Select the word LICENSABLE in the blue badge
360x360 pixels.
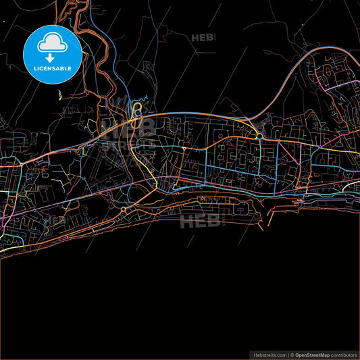pyautogui.click(x=52, y=68)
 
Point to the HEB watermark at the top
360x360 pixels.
pyautogui.click(x=202, y=38)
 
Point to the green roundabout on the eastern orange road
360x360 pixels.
pyautogui.click(x=259, y=136)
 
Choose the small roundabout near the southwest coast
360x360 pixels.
pyautogui.click(x=123, y=210)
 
